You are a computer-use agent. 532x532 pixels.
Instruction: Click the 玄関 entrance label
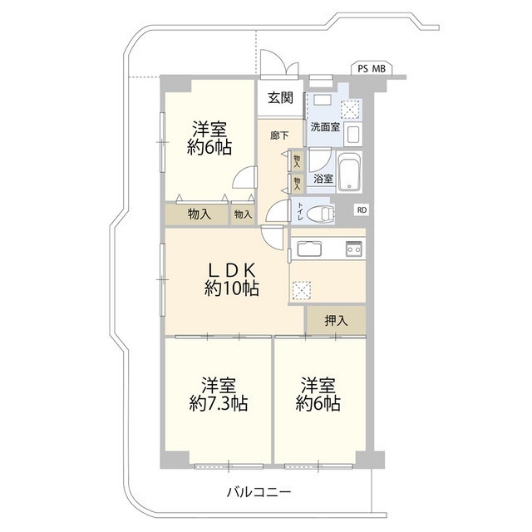click(x=280, y=97)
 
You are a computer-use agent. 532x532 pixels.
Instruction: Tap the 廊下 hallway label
click(x=279, y=135)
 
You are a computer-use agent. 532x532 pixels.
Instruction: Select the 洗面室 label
click(x=324, y=127)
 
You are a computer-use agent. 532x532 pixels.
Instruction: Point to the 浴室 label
click(x=323, y=178)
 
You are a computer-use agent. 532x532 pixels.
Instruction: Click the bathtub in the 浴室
click(x=351, y=172)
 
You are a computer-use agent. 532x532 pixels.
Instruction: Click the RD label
click(x=362, y=210)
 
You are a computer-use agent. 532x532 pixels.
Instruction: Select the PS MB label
click(x=371, y=69)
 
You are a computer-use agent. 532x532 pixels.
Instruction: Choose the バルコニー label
click(x=259, y=493)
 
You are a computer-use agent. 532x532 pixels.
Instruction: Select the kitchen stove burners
click(x=354, y=248)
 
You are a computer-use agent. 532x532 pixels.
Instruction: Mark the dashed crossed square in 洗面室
click(x=351, y=107)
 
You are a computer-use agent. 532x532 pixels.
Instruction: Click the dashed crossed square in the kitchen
click(x=300, y=288)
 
